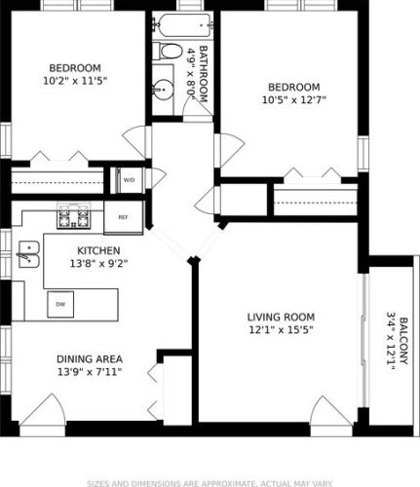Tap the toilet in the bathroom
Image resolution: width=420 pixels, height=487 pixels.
(166, 51)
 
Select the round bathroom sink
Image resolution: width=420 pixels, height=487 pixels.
(164, 88)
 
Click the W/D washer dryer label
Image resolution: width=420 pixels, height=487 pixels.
(129, 180)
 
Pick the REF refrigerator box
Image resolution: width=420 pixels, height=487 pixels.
(123, 217)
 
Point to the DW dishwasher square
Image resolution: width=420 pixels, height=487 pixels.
(60, 304)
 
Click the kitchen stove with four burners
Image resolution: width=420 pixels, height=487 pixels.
(74, 216)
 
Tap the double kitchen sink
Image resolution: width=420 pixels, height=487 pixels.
(29, 254)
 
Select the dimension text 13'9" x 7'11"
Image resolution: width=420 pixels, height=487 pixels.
(90, 371)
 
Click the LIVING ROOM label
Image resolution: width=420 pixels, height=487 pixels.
(281, 317)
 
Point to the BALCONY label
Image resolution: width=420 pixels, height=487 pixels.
(403, 341)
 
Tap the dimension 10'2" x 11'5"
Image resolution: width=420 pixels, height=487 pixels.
(75, 81)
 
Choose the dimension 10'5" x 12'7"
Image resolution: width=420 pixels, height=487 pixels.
(294, 99)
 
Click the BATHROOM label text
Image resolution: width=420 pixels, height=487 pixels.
(203, 74)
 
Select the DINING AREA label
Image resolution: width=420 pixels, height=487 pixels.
(90, 359)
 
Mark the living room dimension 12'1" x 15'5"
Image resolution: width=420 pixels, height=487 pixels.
(281, 330)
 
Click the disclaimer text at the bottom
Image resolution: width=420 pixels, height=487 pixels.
(210, 483)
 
